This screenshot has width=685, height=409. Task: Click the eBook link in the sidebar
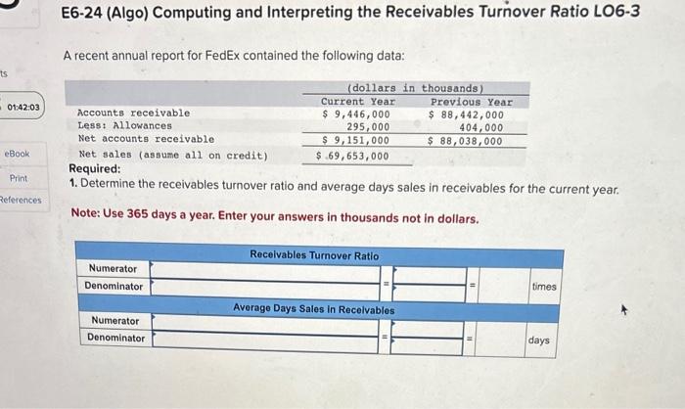(x=18, y=155)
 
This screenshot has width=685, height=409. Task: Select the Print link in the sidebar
(x=19, y=178)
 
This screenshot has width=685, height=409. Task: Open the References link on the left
(x=20, y=200)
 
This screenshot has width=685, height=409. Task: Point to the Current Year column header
(x=358, y=102)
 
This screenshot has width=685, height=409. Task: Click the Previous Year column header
(x=472, y=102)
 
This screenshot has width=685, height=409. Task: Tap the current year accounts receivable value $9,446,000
(x=356, y=114)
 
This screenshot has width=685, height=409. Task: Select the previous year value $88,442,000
(x=467, y=114)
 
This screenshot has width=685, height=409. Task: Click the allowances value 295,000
(x=368, y=126)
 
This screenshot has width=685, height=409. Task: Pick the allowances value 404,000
(x=481, y=126)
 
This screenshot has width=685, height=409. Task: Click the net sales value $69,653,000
(x=353, y=155)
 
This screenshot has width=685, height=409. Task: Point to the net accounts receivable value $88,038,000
(x=467, y=140)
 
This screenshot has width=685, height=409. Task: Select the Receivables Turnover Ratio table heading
(x=313, y=255)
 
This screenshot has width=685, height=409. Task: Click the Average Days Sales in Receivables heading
(x=313, y=309)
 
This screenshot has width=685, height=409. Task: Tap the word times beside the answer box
(x=544, y=286)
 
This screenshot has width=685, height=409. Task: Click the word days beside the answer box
(x=539, y=340)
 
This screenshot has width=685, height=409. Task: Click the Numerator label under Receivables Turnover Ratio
(x=114, y=268)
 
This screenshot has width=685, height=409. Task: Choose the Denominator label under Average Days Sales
(x=115, y=339)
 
